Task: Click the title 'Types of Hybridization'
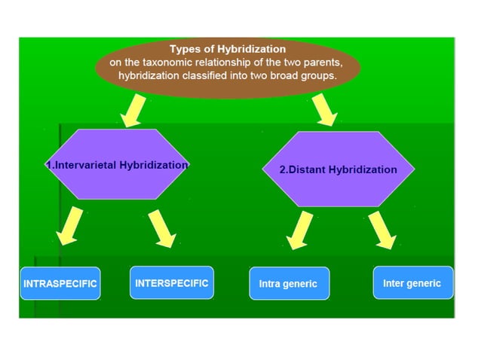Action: [227, 50]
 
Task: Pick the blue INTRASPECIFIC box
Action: [60, 284]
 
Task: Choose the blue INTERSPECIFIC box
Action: [171, 283]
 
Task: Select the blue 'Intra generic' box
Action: [288, 284]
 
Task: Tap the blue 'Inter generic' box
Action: [412, 283]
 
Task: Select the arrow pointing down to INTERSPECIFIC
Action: [162, 228]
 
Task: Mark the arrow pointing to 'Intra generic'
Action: [300, 230]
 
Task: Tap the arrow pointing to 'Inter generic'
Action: [381, 230]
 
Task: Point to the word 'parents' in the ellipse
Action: [324, 63]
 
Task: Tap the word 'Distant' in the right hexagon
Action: [309, 170]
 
